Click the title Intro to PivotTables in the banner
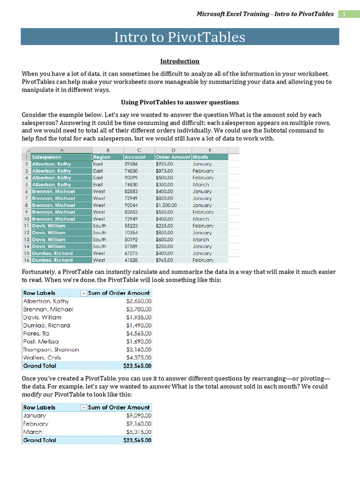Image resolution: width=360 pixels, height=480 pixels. (x=180, y=37)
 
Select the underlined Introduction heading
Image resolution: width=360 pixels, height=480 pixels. (x=180, y=61)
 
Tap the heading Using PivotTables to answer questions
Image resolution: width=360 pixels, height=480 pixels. (x=180, y=102)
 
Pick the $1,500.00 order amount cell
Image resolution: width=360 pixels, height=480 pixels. (x=166, y=205)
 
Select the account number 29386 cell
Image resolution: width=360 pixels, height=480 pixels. (x=131, y=164)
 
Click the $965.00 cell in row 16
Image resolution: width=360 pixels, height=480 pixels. (x=164, y=260)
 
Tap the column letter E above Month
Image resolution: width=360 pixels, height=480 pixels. (x=210, y=150)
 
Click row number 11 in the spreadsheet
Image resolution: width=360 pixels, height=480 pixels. (x=26, y=225)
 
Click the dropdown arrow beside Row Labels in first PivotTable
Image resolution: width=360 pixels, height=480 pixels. (x=83, y=293)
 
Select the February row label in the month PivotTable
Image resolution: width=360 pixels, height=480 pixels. (x=36, y=424)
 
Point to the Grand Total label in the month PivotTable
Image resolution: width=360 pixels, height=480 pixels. (x=39, y=440)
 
